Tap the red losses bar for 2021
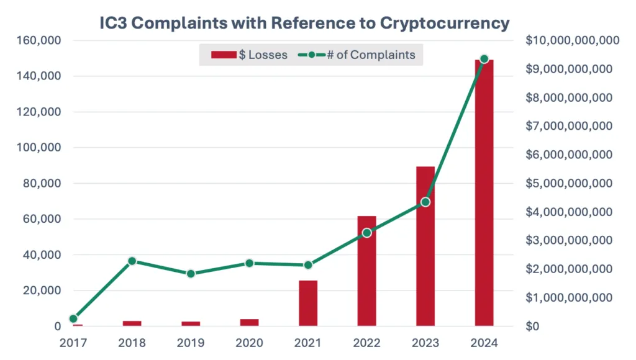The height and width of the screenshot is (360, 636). click(308, 304)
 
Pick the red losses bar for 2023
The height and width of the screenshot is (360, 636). click(425, 248)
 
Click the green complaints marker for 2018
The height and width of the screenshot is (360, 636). click(132, 261)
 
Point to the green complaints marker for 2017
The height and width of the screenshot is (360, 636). click(73, 318)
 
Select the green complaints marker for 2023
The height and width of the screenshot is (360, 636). click(425, 202)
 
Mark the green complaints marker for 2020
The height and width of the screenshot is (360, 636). click(249, 263)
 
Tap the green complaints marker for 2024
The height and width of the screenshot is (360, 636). click(484, 59)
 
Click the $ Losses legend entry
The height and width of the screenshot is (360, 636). click(249, 55)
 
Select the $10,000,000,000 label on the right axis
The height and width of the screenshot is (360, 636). click(572, 41)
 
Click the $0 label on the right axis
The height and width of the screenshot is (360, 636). click(533, 326)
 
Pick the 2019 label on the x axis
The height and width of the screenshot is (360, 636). click(191, 342)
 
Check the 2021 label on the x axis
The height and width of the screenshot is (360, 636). click(308, 342)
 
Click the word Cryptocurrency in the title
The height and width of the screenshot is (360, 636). click(444, 24)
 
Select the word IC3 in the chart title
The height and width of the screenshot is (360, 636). click(117, 24)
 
